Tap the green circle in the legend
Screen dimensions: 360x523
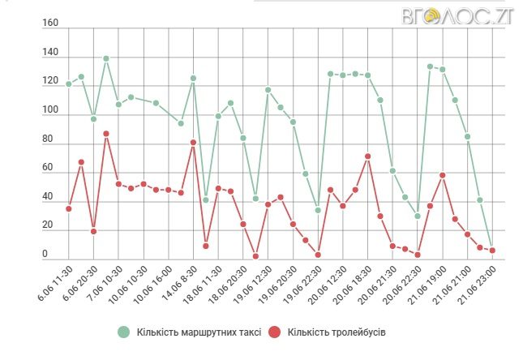click(123, 332)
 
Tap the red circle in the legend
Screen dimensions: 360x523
click(276, 332)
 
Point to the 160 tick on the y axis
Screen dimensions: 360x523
click(50, 24)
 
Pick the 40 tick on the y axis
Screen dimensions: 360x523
click(50, 197)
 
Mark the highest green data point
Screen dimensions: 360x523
click(106, 58)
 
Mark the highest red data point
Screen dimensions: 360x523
click(106, 133)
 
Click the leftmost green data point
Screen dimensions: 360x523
click(69, 84)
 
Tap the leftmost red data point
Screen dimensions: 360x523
click(69, 208)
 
